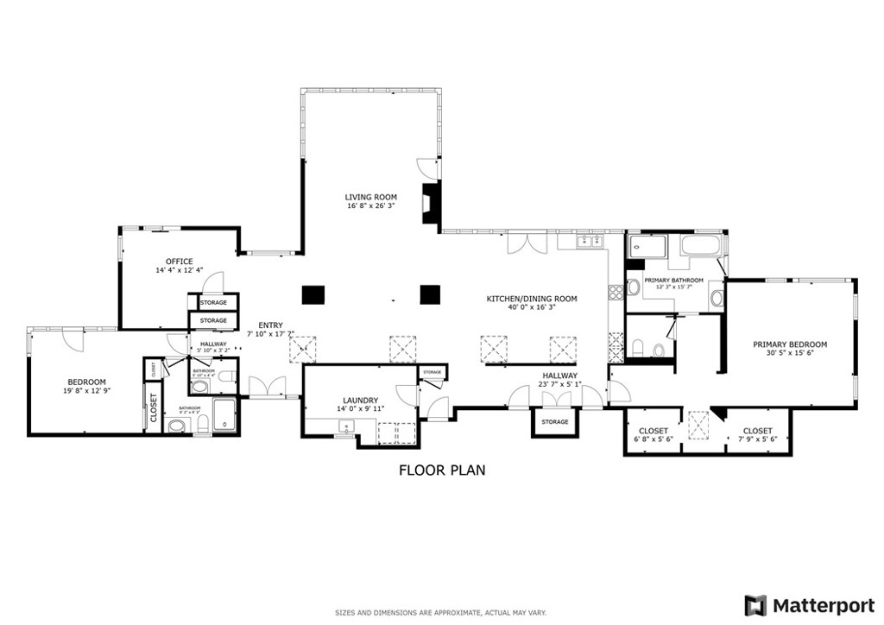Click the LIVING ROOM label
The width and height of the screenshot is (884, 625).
[370, 198]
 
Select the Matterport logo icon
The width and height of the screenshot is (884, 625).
[755, 604]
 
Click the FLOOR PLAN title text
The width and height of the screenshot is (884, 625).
[441, 470]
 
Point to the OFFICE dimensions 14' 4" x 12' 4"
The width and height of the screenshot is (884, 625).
[180, 271]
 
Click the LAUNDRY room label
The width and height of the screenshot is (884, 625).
[360, 401]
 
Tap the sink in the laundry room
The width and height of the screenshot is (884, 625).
[344, 425]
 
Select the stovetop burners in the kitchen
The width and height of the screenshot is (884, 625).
[616, 292]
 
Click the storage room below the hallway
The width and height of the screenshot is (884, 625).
[554, 422]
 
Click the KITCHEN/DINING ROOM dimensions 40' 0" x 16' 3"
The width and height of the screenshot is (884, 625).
[531, 308]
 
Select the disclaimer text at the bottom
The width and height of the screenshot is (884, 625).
[441, 613]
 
